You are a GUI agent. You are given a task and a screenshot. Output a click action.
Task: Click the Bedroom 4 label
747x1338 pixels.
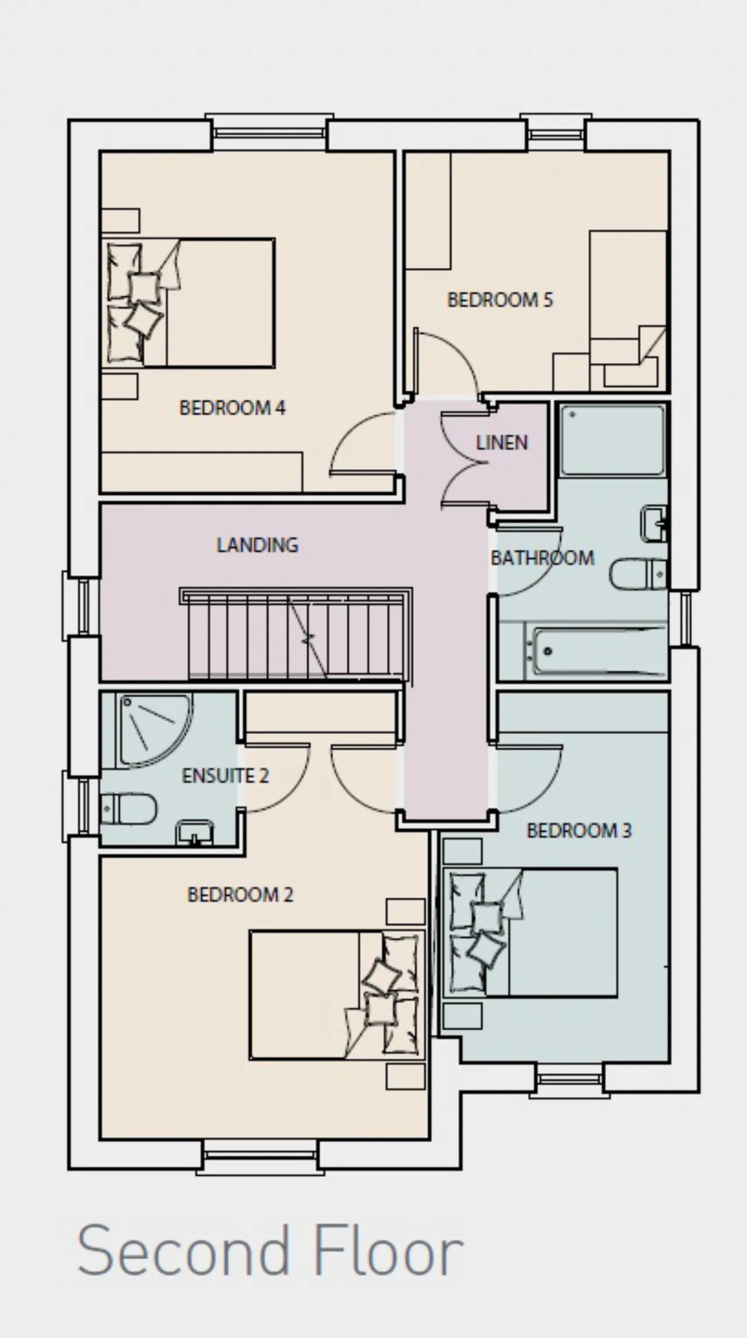click(x=232, y=407)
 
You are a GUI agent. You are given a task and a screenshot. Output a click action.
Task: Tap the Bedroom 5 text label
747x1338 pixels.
click(x=500, y=300)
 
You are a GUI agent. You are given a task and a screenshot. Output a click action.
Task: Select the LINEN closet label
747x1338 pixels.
click(x=502, y=443)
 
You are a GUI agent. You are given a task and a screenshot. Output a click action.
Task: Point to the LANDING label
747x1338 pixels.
click(x=257, y=545)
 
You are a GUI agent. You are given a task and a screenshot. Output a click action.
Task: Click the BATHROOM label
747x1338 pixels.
click(x=542, y=558)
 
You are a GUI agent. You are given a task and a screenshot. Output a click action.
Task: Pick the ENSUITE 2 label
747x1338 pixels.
click(x=225, y=776)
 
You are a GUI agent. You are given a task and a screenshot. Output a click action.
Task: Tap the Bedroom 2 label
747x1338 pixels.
click(x=240, y=895)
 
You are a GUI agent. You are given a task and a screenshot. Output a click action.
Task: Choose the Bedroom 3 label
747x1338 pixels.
click(x=579, y=830)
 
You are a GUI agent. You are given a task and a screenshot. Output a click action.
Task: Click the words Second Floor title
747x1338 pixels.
click(x=270, y=1250)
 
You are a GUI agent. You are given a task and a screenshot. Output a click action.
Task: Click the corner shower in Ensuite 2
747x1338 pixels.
click(x=155, y=730)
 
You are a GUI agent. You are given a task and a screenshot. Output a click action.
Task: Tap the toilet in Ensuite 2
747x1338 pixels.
click(x=128, y=809)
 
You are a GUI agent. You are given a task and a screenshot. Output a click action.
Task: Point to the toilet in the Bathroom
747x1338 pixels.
click(x=638, y=574)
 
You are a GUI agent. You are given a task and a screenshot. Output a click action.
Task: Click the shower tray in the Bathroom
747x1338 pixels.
click(x=612, y=441)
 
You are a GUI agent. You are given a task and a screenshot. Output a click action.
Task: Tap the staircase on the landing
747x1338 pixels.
click(x=296, y=634)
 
